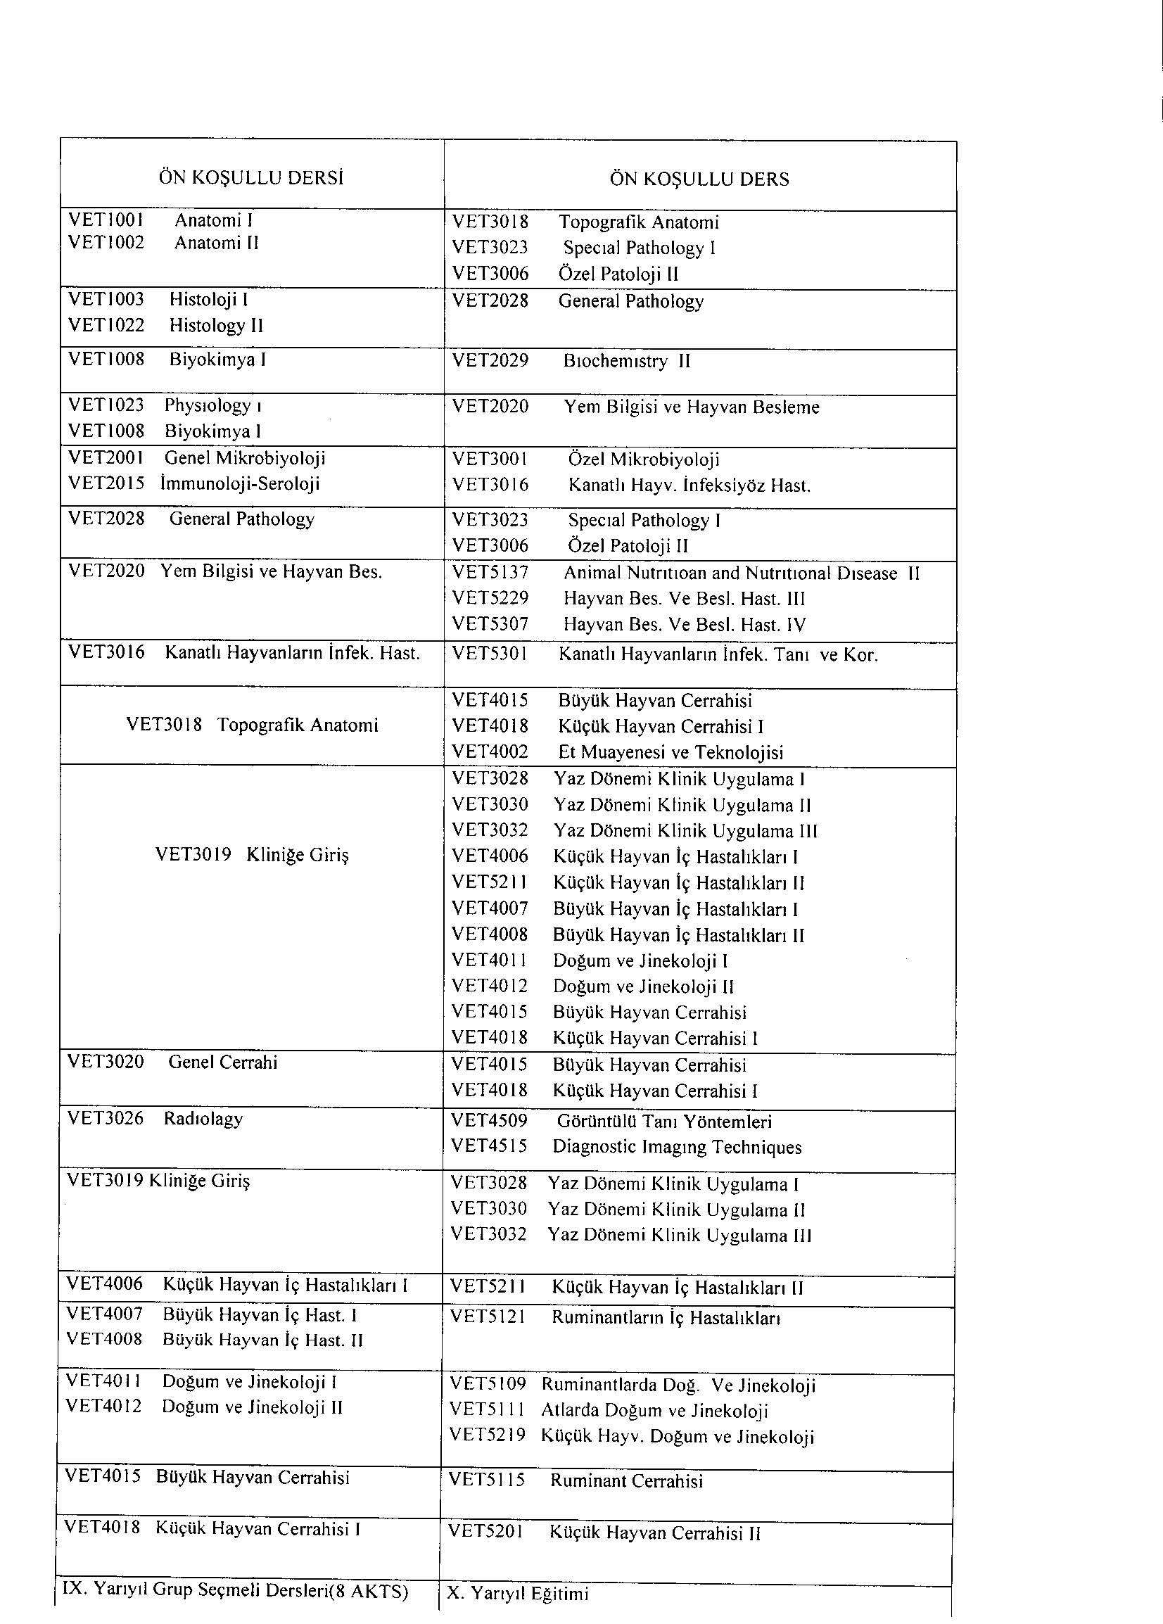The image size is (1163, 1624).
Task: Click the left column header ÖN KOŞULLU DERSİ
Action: click(250, 178)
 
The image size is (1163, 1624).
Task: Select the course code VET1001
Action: click(106, 220)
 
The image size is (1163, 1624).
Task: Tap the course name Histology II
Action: click(216, 326)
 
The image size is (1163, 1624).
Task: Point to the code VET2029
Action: click(490, 361)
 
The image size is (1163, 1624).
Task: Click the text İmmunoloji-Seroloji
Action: click(240, 484)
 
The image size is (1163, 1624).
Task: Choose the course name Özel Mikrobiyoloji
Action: click(644, 459)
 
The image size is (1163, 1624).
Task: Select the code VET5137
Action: click(490, 573)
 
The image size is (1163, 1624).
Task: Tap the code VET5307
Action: click(490, 624)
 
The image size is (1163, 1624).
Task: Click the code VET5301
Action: click(490, 654)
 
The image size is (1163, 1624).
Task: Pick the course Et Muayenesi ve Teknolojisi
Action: click(671, 753)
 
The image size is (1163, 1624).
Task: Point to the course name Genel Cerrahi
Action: click(223, 1062)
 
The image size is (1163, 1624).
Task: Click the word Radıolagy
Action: click(203, 1119)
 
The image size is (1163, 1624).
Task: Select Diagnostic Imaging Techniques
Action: click(677, 1147)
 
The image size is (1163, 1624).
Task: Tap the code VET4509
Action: click(489, 1121)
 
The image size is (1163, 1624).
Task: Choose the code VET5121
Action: click(488, 1317)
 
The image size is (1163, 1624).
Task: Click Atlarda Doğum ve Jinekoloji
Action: click(654, 1411)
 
